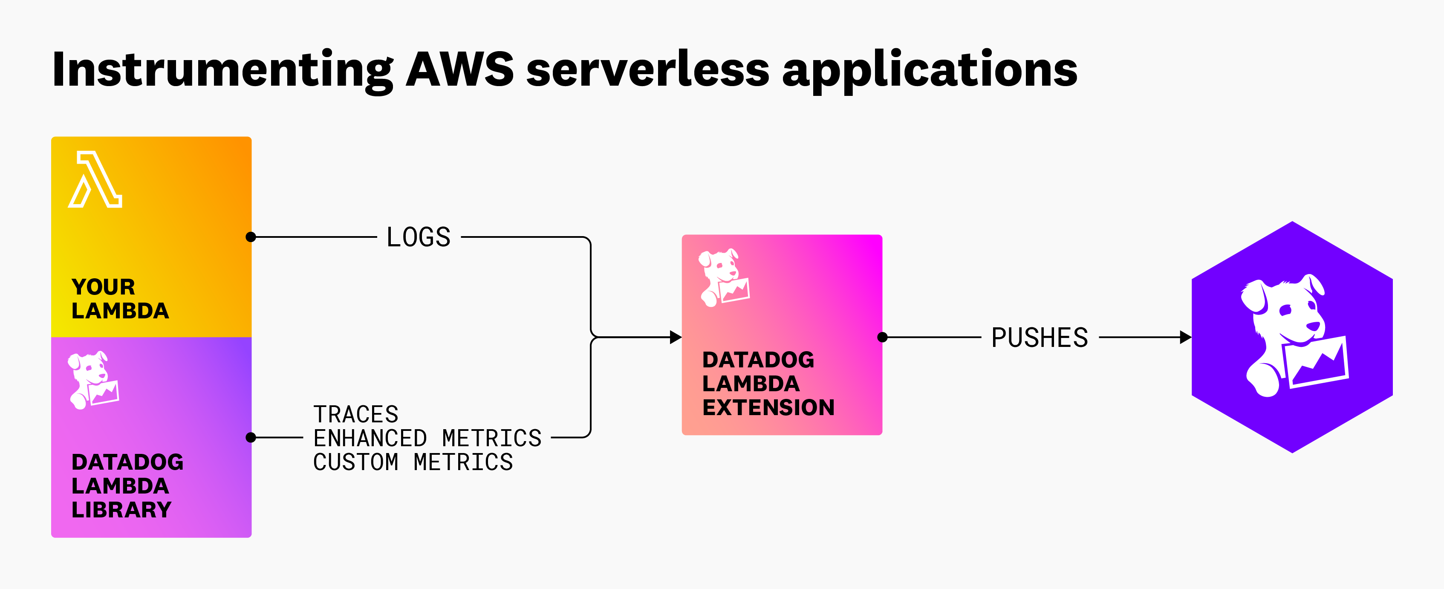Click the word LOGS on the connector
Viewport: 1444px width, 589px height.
pyautogui.click(x=418, y=237)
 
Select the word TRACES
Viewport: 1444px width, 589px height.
pyautogui.click(x=355, y=414)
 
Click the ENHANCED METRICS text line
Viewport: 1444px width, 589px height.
pyautogui.click(x=427, y=438)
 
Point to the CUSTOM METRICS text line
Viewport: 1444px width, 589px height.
pyautogui.click(x=413, y=462)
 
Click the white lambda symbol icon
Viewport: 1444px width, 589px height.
pyautogui.click(x=96, y=180)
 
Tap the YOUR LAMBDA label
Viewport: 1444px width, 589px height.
pyautogui.click(x=119, y=299)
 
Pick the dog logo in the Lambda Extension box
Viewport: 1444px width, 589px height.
pyautogui.click(x=723, y=277)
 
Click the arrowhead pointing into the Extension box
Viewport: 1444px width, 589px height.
pyautogui.click(x=676, y=338)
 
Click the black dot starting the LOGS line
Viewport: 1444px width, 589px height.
pyautogui.click(x=251, y=237)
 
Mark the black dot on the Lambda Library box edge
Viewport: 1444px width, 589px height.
pyautogui.click(x=251, y=437)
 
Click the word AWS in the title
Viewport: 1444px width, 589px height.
pyautogui.click(x=459, y=69)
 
